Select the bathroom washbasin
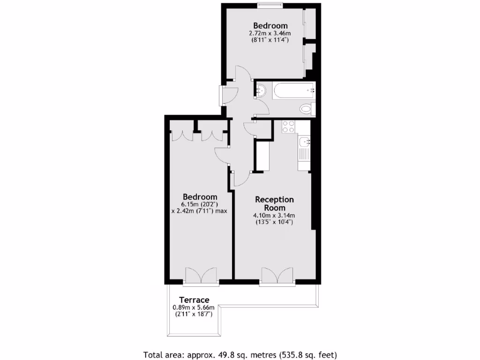[261, 90]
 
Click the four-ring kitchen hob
[288, 127]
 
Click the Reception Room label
[274, 203]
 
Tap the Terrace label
[194, 300]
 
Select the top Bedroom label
[270, 25]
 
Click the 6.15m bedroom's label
[200, 196]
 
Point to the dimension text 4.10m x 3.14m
[274, 215]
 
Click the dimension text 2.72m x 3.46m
[270, 33]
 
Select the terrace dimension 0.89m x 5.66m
[194, 307]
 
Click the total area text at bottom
[240, 354]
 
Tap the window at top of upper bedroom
[270, 5]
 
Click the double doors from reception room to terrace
[277, 277]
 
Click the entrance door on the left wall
[222, 95]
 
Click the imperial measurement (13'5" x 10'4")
[274, 222]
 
